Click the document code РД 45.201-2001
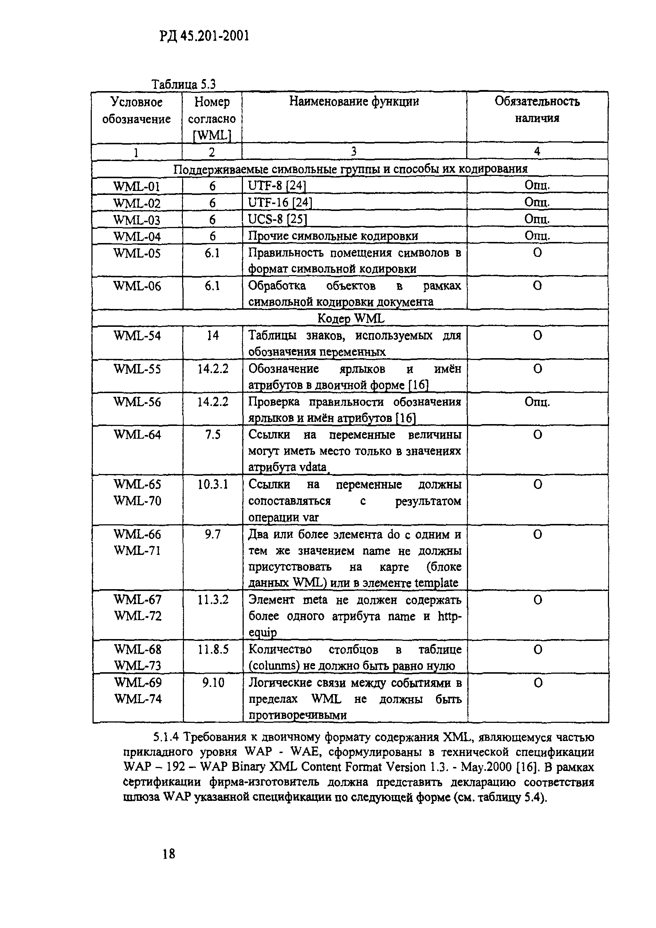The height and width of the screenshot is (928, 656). pyautogui.click(x=204, y=36)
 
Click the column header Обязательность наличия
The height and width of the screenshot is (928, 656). pyautogui.click(x=537, y=110)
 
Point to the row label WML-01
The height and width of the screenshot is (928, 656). pyautogui.click(x=137, y=186)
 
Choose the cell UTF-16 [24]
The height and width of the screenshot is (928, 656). pyautogui.click(x=280, y=203)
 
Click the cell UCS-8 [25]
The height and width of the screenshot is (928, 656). pyautogui.click(x=277, y=219)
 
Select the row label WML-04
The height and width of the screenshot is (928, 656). pyautogui.click(x=137, y=236)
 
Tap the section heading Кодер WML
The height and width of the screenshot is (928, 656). pyautogui.click(x=351, y=318)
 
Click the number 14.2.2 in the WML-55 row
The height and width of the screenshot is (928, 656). pyautogui.click(x=212, y=369)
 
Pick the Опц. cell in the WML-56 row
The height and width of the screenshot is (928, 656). pyautogui.click(x=537, y=402)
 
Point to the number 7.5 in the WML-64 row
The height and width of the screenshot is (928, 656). pyautogui.click(x=212, y=435)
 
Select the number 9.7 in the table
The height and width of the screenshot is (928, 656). pyautogui.click(x=212, y=535)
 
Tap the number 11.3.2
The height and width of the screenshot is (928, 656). pyautogui.click(x=212, y=600)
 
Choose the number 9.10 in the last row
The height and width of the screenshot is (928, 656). pyautogui.click(x=212, y=683)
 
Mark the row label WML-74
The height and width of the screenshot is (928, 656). pyautogui.click(x=138, y=699)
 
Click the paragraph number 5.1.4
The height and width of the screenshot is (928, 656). pyautogui.click(x=166, y=737)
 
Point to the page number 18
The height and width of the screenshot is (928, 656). pyautogui.click(x=169, y=854)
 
